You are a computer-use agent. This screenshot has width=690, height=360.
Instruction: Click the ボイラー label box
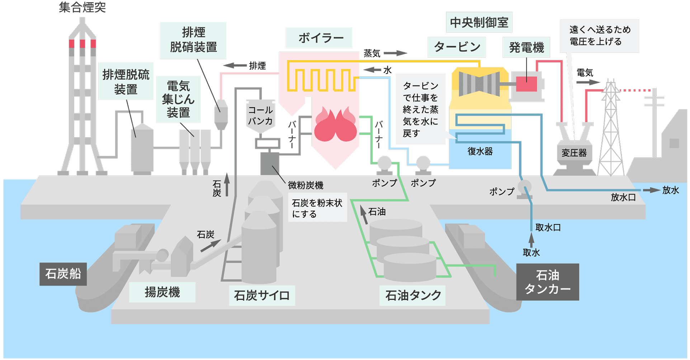click(319, 38)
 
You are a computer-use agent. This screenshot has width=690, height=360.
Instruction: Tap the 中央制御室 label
click(479, 23)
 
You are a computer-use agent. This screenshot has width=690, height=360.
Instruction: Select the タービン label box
click(457, 47)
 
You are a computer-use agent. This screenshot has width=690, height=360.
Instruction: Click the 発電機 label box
click(526, 47)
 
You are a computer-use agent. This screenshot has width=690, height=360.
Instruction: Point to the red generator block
click(526, 84)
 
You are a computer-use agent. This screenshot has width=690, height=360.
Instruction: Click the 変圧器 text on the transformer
click(574, 153)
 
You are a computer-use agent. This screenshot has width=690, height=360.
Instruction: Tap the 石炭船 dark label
click(63, 274)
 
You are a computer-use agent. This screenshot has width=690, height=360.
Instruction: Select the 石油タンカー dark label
click(547, 282)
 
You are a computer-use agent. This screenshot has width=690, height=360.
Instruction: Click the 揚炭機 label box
click(162, 292)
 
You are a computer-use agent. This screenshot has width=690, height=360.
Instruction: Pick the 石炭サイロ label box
click(262, 295)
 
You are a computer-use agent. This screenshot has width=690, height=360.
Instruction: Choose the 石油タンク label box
click(412, 295)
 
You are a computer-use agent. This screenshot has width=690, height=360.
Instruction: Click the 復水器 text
click(480, 151)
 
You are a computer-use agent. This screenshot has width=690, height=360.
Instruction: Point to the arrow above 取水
click(531, 240)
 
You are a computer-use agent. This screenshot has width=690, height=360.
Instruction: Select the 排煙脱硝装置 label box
click(193, 40)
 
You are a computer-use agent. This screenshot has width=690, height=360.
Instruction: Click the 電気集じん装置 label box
click(178, 99)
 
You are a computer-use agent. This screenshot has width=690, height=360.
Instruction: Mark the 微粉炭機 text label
click(306, 185)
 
